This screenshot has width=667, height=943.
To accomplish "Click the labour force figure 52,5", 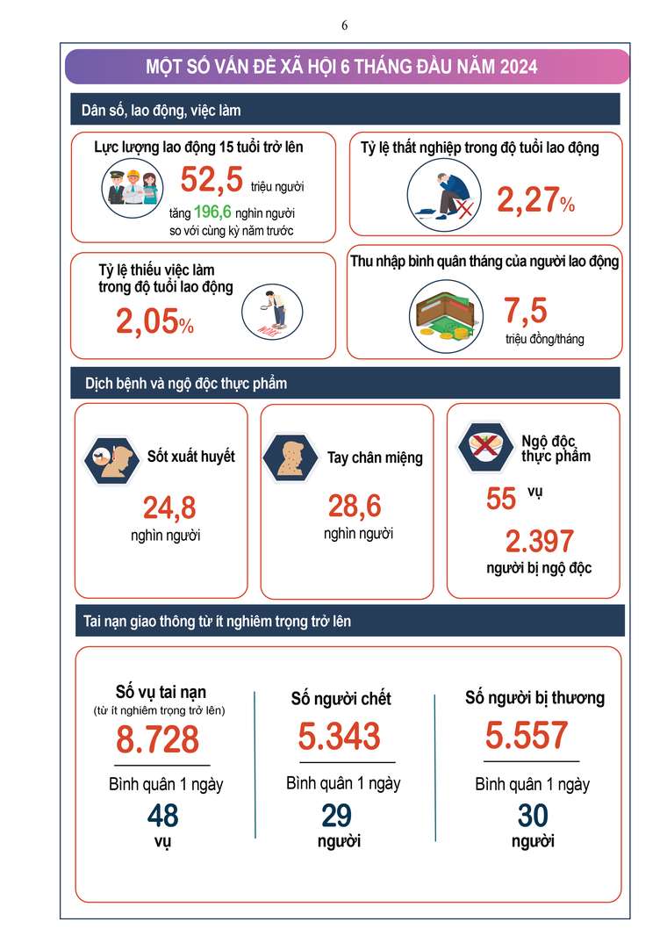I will pyautogui.click(x=211, y=179).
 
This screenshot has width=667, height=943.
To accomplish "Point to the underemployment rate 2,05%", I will pyautogui.click(x=154, y=323).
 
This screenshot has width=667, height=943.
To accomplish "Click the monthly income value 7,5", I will pyautogui.click(x=525, y=311).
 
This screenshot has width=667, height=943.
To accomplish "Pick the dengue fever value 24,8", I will pyautogui.click(x=169, y=507).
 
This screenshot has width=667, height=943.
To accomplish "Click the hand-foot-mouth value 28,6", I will pyautogui.click(x=355, y=507).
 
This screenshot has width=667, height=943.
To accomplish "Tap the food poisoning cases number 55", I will pyautogui.click(x=501, y=499).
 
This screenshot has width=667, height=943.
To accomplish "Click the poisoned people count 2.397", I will pyautogui.click(x=539, y=541).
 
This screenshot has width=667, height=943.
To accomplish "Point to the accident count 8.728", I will pyautogui.click(x=158, y=740).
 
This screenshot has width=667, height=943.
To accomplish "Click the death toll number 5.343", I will pyautogui.click(x=339, y=736).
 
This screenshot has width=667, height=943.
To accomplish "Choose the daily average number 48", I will pyautogui.click(x=162, y=816).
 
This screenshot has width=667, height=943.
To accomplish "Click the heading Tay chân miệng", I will pyautogui.click(x=375, y=457).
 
